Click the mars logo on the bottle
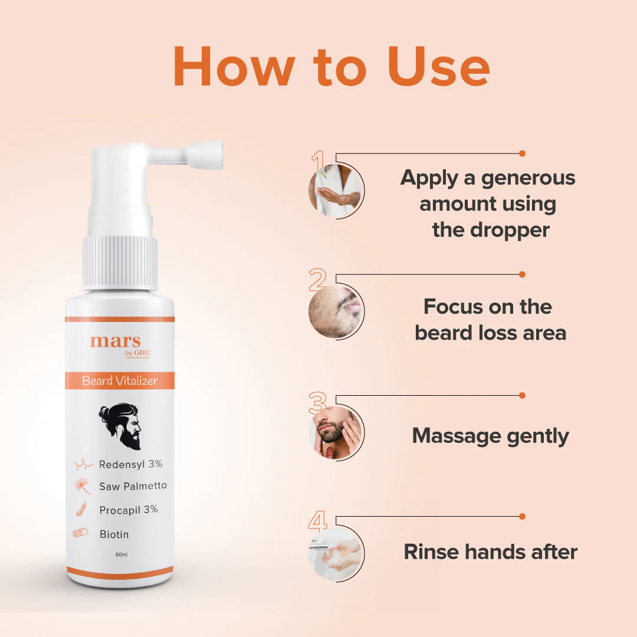point(116,342)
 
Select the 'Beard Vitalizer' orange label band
point(120,380)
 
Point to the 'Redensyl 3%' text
point(130,464)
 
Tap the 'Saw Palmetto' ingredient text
point(133,486)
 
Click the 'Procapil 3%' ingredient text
point(128,510)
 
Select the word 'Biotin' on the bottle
point(114,534)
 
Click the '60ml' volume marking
point(122,554)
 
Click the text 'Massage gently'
point(490,436)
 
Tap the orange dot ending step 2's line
point(522,274)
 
